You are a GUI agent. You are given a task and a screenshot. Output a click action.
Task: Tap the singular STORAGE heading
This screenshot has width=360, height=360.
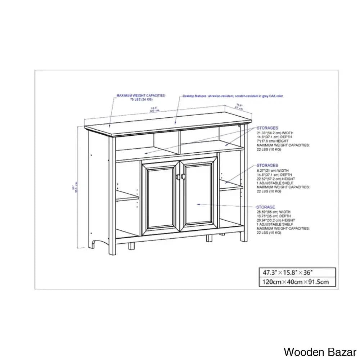click(266, 207)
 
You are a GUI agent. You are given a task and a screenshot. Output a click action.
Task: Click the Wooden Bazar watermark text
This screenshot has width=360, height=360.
click(320, 351)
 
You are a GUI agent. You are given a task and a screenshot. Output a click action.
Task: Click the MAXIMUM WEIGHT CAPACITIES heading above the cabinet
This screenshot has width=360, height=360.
click(141, 95)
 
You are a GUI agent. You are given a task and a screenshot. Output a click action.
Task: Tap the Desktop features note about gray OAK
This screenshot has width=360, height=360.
click(233, 96)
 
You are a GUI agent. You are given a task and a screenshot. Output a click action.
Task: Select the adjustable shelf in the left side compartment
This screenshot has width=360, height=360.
click(127, 197)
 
